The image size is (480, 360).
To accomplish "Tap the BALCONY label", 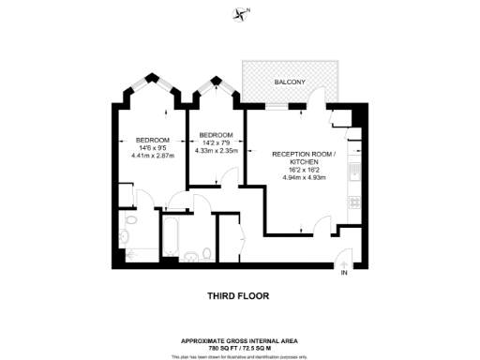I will pyautogui.click(x=290, y=83).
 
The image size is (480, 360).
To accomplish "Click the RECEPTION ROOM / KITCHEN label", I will pyautogui.click(x=298, y=157).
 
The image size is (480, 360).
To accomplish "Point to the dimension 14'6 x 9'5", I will pyautogui.click(x=153, y=147).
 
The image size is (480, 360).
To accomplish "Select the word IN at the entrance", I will pyautogui.click(x=344, y=273).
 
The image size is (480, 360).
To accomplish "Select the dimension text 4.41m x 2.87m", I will pyautogui.click(x=153, y=156).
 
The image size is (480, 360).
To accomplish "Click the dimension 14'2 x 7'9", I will pyautogui.click(x=216, y=142).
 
